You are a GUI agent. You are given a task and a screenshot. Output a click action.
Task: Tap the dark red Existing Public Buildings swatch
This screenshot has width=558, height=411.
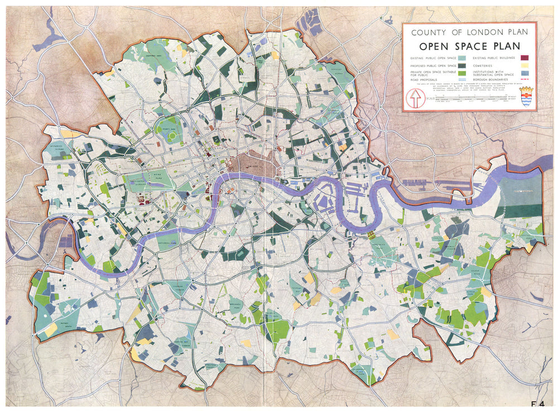point(525,58)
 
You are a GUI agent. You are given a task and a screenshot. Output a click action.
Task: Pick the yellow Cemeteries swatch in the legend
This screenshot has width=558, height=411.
point(525,65)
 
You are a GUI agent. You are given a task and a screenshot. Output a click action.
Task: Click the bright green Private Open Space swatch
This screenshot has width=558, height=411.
point(461,73)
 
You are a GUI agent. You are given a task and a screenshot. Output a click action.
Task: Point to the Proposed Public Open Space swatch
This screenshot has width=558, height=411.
point(461,65)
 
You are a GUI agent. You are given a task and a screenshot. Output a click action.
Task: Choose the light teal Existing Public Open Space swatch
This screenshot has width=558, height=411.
point(461,58)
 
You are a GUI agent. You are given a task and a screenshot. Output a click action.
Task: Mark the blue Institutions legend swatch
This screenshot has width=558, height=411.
point(525,73)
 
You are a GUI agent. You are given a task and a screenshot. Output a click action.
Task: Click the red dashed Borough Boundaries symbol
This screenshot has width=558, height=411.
point(525,80)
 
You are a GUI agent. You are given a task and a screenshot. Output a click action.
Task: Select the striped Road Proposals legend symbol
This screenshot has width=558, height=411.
point(461,80)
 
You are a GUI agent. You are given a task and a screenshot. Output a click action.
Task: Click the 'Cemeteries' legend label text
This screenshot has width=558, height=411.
point(483,65)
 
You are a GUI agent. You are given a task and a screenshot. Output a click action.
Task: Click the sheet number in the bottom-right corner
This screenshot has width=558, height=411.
point(538,403)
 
